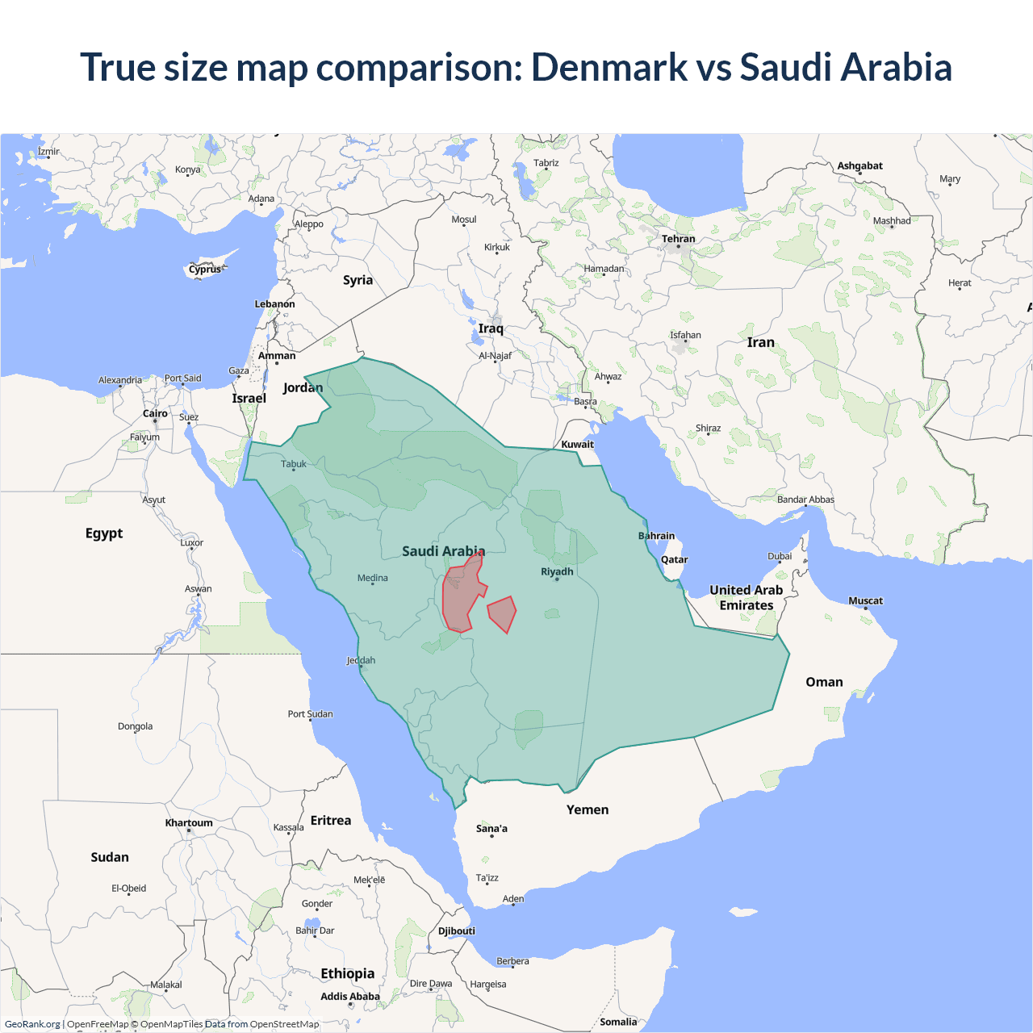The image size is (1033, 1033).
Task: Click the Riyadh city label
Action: (x=557, y=571)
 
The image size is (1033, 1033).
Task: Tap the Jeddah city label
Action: (x=361, y=660)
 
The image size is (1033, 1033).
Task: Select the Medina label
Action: (x=372, y=578)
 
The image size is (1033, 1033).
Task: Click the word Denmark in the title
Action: (x=609, y=67)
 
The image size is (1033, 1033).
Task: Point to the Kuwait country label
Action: (x=577, y=444)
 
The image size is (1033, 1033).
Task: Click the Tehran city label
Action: (x=678, y=239)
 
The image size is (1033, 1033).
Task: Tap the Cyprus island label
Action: (x=205, y=270)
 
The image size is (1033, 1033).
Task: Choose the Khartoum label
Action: (x=189, y=823)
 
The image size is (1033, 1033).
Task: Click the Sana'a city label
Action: (x=491, y=829)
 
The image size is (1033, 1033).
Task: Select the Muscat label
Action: (x=865, y=600)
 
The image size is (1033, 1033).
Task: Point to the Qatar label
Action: (x=674, y=559)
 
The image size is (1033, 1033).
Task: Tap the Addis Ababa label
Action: (x=349, y=997)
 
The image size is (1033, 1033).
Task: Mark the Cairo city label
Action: (x=155, y=413)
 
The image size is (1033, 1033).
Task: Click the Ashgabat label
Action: (x=859, y=165)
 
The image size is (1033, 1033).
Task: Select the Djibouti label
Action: (x=456, y=931)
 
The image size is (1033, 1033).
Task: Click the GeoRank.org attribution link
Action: (x=32, y=1024)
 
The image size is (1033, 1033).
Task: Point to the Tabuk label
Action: (x=294, y=464)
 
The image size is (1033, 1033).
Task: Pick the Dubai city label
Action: (x=780, y=556)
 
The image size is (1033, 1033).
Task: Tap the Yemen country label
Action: (x=587, y=809)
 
